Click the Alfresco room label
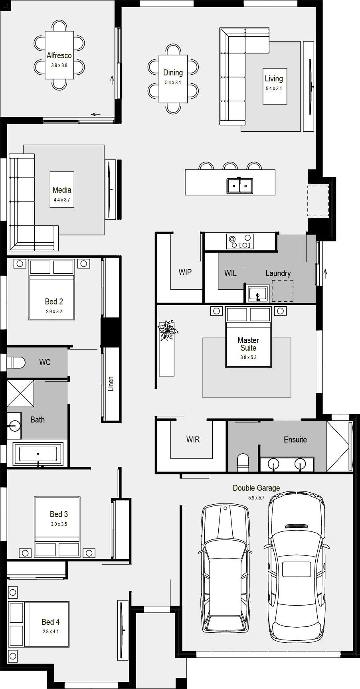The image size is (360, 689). coord(59,55)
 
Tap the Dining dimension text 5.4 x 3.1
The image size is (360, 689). coord(173,82)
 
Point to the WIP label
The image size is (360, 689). coord(185,272)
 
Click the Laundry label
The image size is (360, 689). coord(278,273)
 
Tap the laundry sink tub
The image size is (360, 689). coord(258,294)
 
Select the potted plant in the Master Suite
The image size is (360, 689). coord(167,330)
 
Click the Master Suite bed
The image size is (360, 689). coord(248,337)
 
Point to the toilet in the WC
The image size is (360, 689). coord(16,362)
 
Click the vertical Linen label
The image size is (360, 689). coord(111,384)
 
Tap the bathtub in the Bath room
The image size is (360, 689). coord(38,454)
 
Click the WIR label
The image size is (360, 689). coord(193,440)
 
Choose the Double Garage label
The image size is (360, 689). coord(256,488)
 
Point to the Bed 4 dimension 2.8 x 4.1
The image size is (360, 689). coord(51,632)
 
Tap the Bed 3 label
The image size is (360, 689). coord(59,514)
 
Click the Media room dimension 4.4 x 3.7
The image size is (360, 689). coord(61,199)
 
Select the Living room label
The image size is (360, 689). coord(274,79)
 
